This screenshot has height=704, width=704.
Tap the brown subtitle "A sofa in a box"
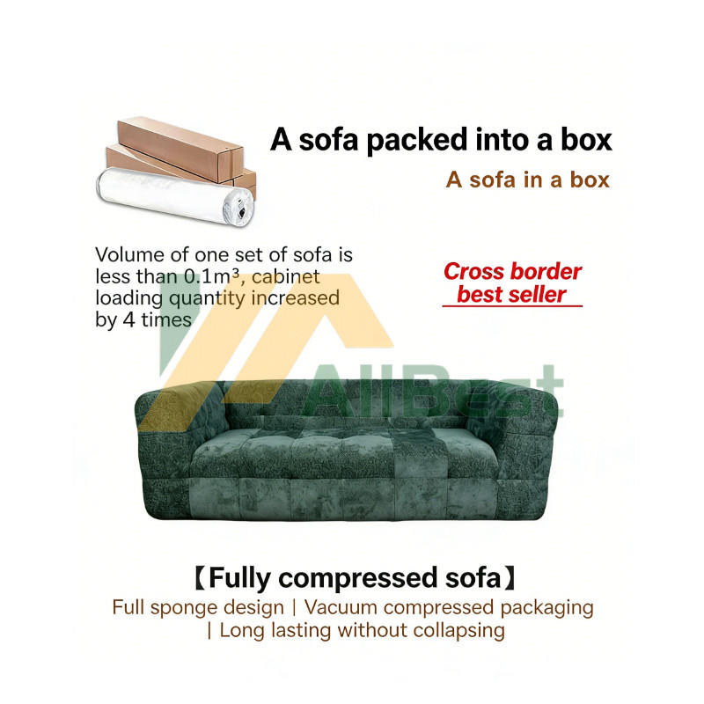[527, 180]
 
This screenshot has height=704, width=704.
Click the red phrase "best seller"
[511, 295]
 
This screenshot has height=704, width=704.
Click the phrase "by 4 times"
[143, 319]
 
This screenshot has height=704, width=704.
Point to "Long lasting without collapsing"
[362, 630]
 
